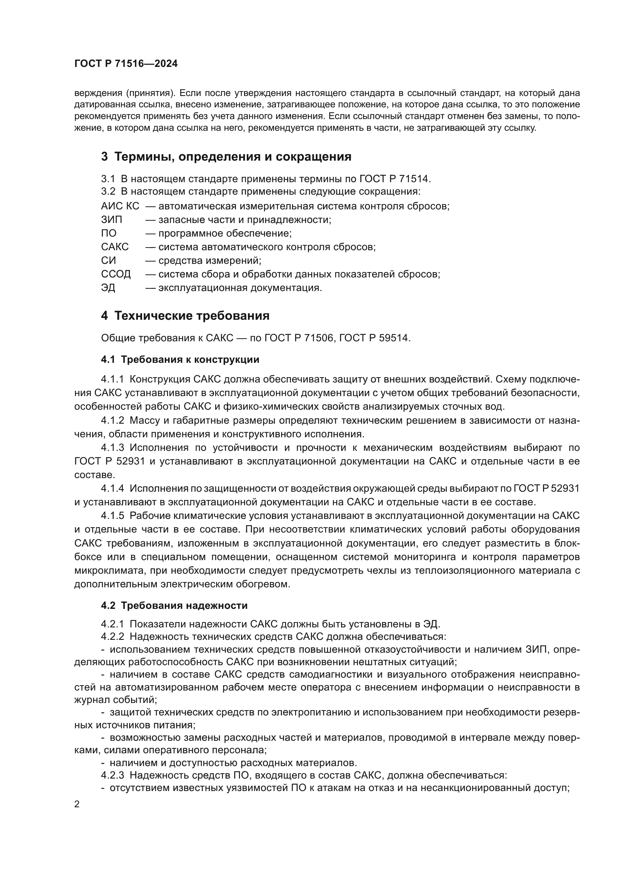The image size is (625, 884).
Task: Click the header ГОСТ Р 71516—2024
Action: tap(126, 64)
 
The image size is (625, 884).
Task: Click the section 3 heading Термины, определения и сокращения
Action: tap(226, 157)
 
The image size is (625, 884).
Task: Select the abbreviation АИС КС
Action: tap(120, 206)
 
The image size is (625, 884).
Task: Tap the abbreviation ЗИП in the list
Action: tap(111, 220)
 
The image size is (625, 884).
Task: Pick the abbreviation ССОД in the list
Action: tap(116, 274)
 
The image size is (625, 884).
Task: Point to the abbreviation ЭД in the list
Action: tap(108, 288)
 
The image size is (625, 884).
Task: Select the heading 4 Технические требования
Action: tap(185, 316)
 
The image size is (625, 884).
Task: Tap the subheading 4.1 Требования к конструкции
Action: tap(180, 359)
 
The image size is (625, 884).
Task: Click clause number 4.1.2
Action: tap(113, 420)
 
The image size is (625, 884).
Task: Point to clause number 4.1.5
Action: tap(113, 516)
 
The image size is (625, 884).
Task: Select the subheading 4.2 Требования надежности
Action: tap(174, 605)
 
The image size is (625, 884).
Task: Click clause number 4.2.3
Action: tap(113, 775)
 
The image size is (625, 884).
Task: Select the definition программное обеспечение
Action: tap(225, 233)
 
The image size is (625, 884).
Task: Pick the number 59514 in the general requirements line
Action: tap(394, 338)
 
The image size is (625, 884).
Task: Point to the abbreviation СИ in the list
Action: tap(108, 261)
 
